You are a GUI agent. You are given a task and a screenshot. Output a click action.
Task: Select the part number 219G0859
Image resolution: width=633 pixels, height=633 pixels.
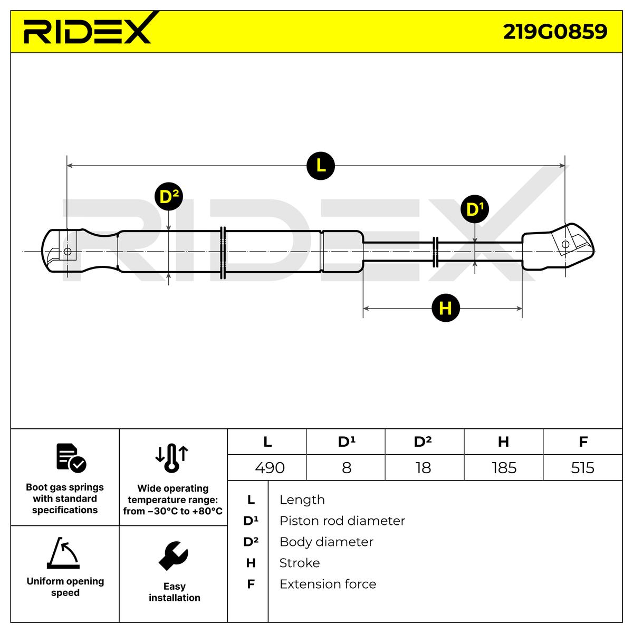point(555,32)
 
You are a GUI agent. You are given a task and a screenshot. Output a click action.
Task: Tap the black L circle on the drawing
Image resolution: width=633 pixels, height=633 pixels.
point(321,166)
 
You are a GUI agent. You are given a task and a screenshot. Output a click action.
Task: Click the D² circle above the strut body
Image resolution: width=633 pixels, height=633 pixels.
point(169,197)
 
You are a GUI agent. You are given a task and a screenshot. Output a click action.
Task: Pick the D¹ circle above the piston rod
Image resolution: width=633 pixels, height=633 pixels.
point(475,209)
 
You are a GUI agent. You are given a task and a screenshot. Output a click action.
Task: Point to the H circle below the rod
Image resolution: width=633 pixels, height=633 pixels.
point(446,308)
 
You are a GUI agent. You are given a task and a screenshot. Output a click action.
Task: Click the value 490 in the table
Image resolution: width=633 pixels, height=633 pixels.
point(270,467)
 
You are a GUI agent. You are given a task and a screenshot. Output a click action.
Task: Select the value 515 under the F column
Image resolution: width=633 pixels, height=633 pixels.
point(582,467)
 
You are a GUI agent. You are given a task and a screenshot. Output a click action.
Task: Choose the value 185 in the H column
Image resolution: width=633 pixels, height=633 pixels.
point(504,467)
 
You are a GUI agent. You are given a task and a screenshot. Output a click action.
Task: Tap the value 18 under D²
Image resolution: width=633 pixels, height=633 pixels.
point(423,467)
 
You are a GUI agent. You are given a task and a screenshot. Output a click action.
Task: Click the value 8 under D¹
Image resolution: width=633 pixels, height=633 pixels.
point(347,467)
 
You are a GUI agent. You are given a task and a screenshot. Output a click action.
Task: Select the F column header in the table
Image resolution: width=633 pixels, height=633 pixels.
point(583,442)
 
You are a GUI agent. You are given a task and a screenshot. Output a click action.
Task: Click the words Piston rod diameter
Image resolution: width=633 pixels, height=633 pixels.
point(342,521)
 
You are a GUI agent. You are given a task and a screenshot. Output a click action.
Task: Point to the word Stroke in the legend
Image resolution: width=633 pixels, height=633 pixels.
point(299,563)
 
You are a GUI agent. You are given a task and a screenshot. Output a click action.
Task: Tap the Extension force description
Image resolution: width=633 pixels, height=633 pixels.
point(328,584)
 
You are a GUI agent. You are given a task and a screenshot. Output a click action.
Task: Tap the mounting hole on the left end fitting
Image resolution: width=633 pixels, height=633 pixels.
point(67,252)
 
